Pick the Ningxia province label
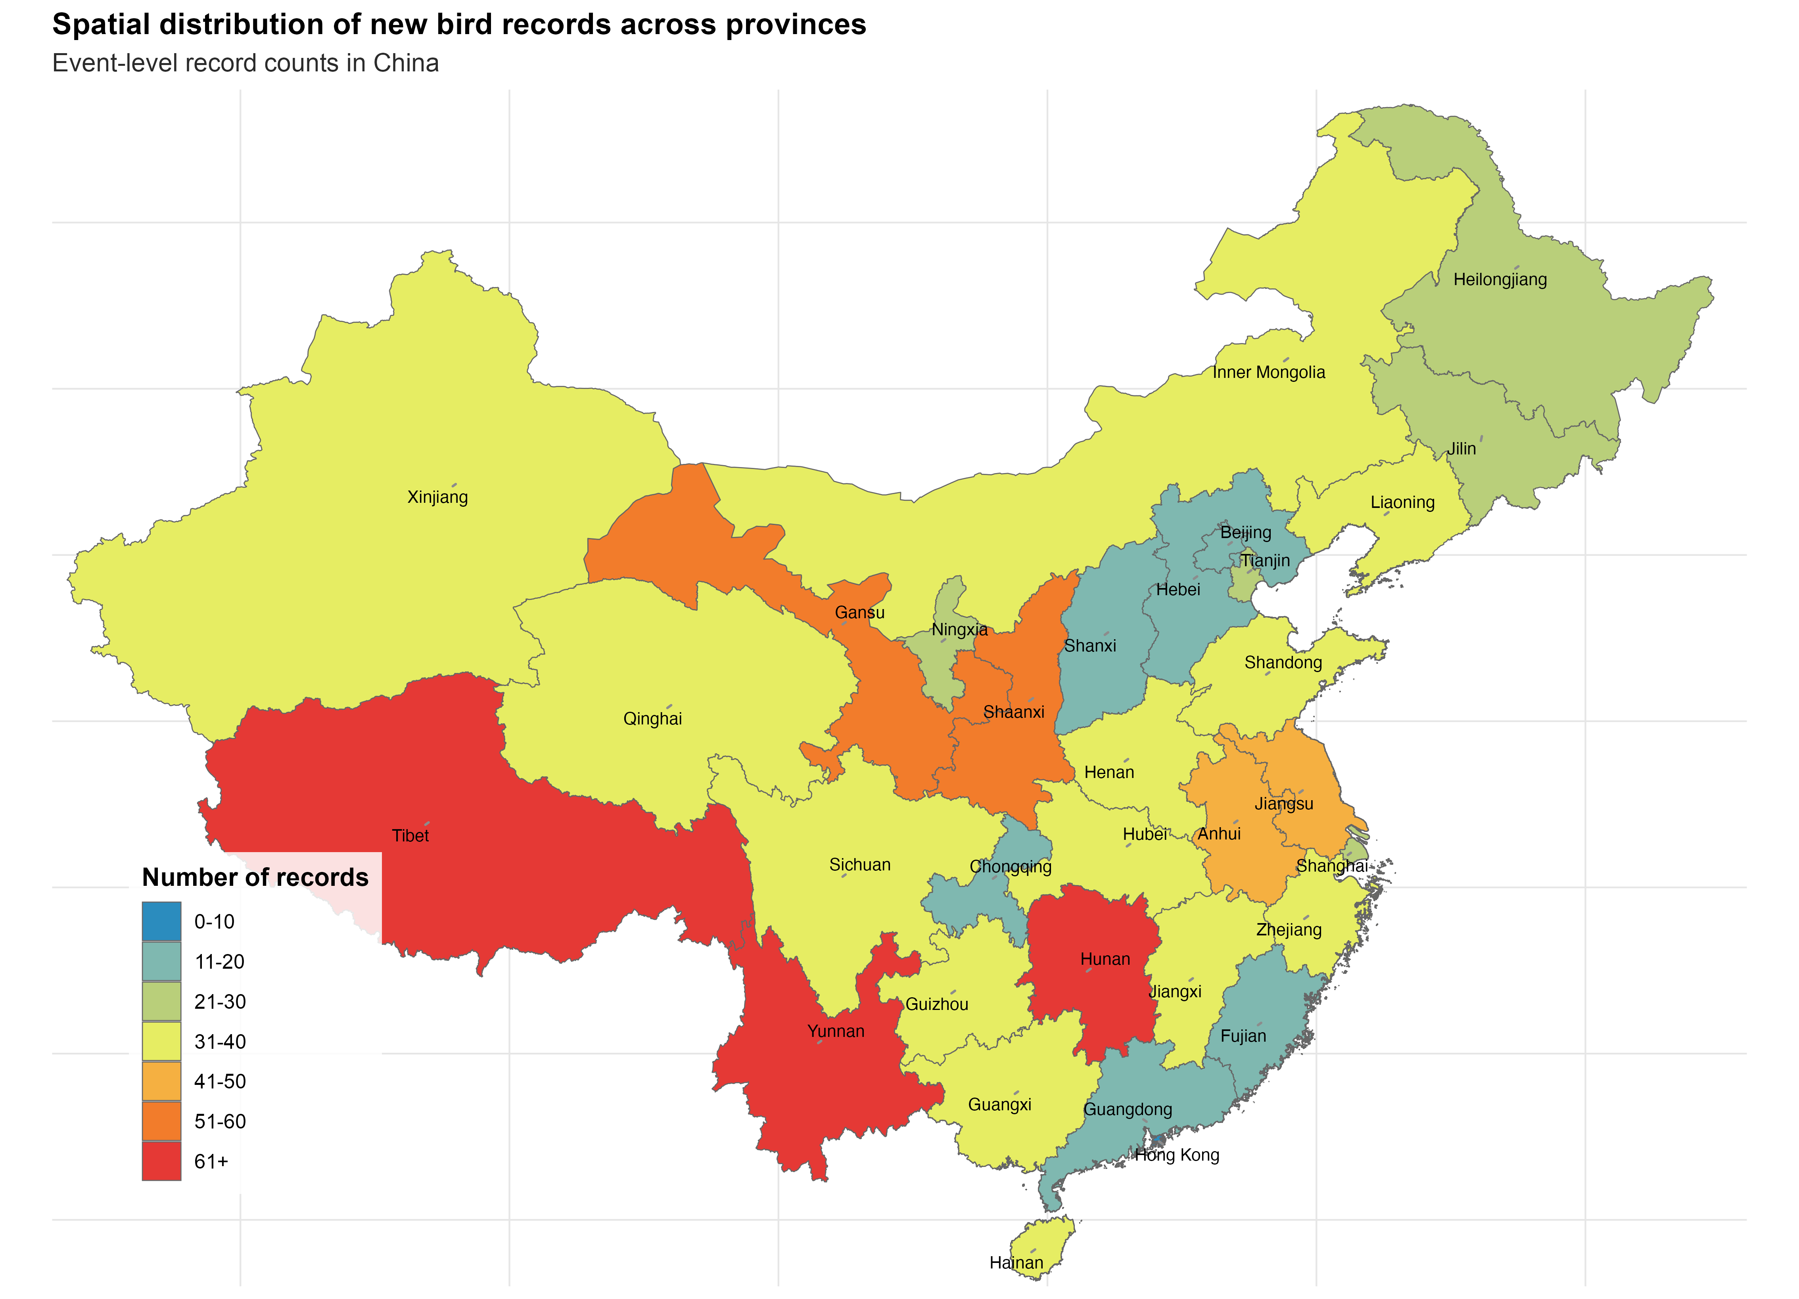tap(959, 630)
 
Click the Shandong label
tap(1283, 662)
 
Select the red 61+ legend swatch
tap(162, 1161)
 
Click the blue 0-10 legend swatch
tap(162, 921)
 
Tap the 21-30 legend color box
tap(162, 1001)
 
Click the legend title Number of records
tap(255, 877)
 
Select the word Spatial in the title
tap(101, 25)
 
